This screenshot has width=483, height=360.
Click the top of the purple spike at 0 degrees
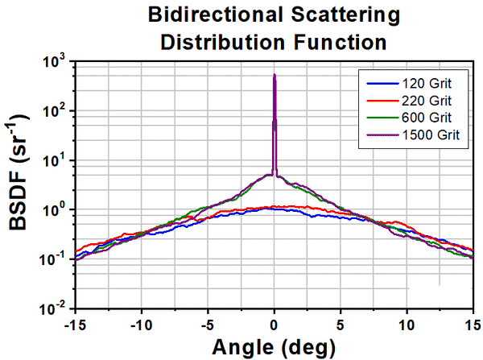tap(275, 76)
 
